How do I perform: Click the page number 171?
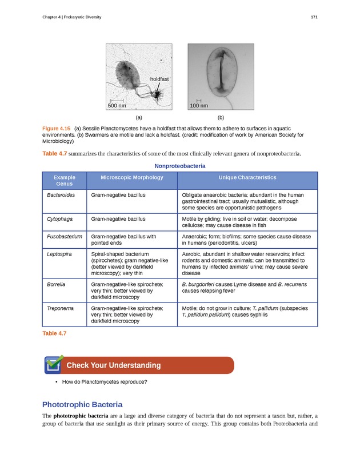pyautogui.click(x=314, y=18)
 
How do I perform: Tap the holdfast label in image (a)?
pyautogui.click(x=159, y=78)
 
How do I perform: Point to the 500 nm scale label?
pyautogui.click(x=117, y=106)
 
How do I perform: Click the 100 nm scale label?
pyautogui.click(x=199, y=106)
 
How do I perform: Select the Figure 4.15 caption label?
pyautogui.click(x=57, y=128)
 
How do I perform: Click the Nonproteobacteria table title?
pyautogui.click(x=180, y=166)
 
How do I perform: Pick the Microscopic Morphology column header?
pyautogui.click(x=132, y=178)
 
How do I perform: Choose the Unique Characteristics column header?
pyautogui.click(x=247, y=178)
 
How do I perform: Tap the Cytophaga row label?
pyautogui.click(x=60, y=218)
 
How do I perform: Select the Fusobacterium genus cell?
pyautogui.click(x=65, y=236)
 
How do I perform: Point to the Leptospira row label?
pyautogui.click(x=59, y=253)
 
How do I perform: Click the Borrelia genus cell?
pyautogui.click(x=57, y=283)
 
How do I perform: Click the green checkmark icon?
pyautogui.click(x=54, y=363)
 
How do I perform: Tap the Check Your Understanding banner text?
pyautogui.click(x=114, y=365)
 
